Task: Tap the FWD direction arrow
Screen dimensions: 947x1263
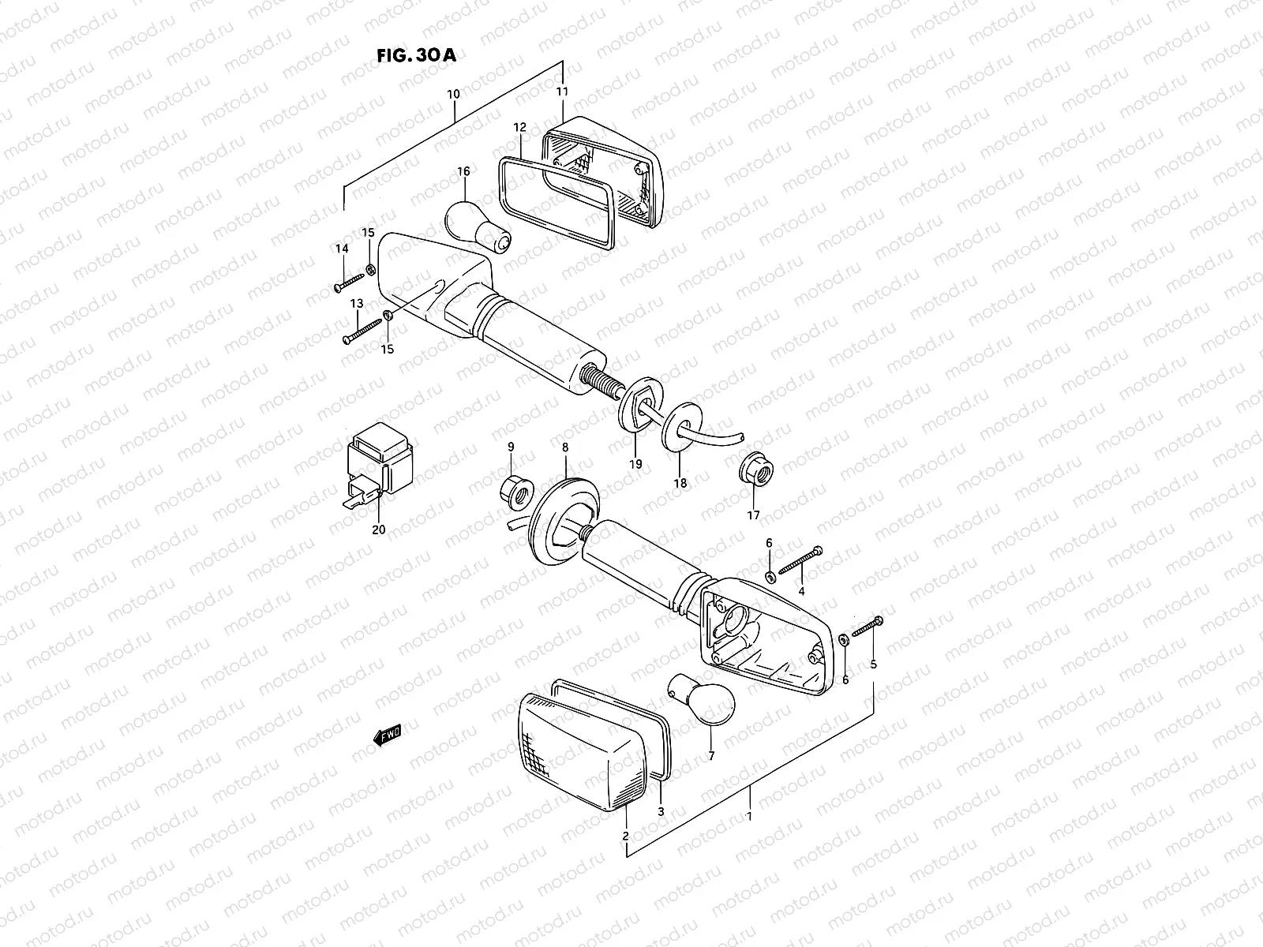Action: point(388,736)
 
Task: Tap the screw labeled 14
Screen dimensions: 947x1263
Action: point(349,282)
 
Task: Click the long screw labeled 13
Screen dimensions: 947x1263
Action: point(362,331)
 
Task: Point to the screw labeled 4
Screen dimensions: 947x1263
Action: point(800,560)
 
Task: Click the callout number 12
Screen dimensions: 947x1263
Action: point(519,127)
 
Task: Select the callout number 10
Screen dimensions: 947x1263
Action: point(453,94)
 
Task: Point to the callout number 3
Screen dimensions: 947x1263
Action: point(661,811)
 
